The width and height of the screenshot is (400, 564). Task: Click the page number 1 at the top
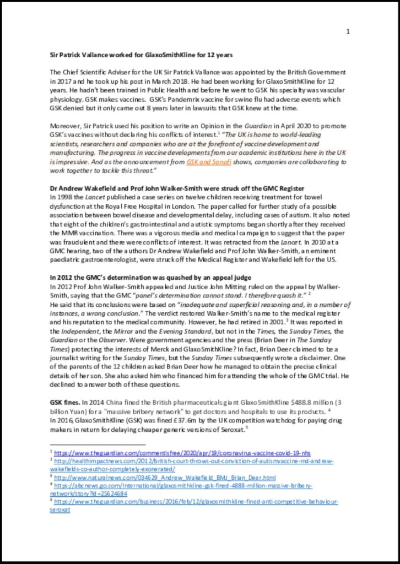[x=348, y=31]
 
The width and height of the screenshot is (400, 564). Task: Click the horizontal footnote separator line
[x=98, y=443]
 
